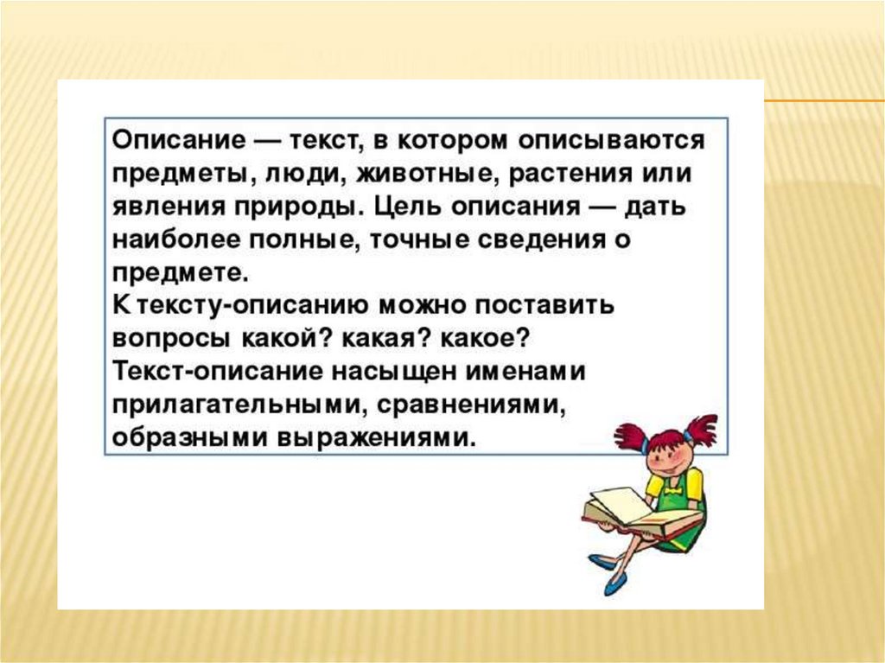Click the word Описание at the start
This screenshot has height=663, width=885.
pyautogui.click(x=179, y=141)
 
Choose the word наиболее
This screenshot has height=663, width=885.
pyautogui.click(x=176, y=240)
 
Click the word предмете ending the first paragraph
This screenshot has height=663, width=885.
pyautogui.click(x=181, y=274)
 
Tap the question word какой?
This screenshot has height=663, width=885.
pyautogui.click(x=286, y=339)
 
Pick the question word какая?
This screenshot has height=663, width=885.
pyautogui.click(x=385, y=339)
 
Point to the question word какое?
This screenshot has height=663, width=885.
pyautogui.click(x=485, y=339)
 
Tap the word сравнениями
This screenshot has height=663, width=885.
pyautogui.click(x=471, y=405)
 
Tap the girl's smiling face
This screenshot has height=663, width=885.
pyautogui.click(x=669, y=456)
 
